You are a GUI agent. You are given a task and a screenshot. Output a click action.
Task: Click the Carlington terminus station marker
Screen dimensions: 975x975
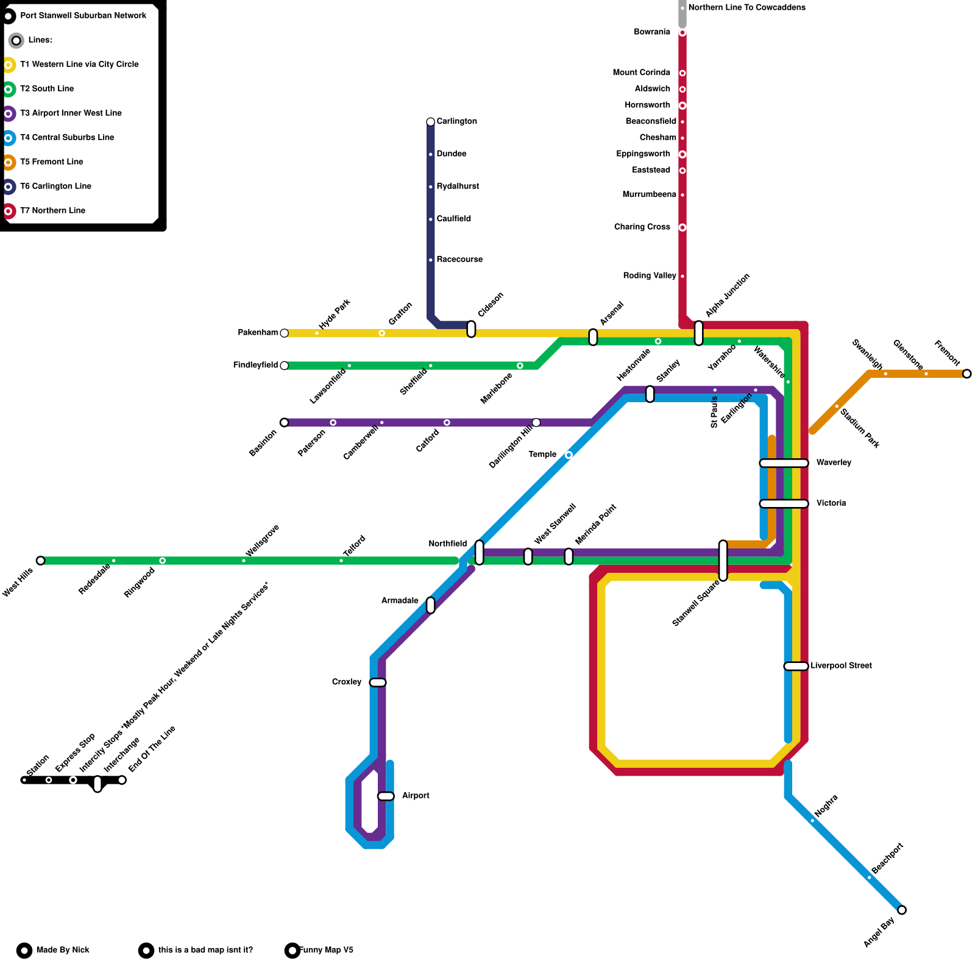(431, 122)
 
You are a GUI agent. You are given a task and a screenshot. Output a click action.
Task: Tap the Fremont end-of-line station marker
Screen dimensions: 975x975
(966, 374)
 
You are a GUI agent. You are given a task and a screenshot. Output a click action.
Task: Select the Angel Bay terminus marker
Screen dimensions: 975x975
(902, 910)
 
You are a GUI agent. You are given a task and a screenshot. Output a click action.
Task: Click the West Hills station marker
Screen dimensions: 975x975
(40, 561)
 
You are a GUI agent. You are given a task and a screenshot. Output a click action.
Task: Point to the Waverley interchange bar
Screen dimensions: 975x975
(784, 463)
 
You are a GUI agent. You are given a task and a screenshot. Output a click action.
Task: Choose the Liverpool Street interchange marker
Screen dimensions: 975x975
(796, 666)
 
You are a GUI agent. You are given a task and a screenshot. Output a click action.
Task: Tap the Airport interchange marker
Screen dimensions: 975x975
(386, 796)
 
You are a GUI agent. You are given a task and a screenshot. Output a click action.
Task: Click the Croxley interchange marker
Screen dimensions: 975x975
(378, 682)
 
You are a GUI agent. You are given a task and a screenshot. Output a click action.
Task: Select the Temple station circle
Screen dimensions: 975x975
(569, 455)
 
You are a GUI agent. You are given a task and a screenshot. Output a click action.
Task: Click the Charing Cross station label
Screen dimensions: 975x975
(642, 227)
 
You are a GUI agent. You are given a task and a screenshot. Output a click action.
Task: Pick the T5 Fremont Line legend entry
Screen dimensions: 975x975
(52, 162)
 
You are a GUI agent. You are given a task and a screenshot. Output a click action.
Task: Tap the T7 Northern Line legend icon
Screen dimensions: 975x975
(9, 211)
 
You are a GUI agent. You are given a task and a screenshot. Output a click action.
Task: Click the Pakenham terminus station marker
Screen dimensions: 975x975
(284, 333)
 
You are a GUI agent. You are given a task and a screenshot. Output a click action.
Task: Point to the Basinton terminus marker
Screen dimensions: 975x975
(284, 422)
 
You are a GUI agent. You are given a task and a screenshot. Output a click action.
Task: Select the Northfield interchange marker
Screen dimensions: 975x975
(480, 552)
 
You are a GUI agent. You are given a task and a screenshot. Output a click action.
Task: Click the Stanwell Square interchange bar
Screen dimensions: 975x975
(723, 561)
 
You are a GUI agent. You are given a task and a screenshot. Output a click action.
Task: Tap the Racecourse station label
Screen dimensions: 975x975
(459, 260)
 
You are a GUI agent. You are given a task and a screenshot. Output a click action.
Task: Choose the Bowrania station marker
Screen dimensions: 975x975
(682, 32)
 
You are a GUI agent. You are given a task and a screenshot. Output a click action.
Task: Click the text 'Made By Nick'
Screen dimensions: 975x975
(63, 950)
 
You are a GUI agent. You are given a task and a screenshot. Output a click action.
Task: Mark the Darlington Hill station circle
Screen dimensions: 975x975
(536, 422)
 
